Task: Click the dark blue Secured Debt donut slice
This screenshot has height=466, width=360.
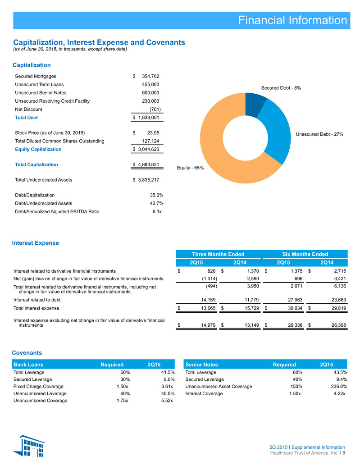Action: [x=255, y=104]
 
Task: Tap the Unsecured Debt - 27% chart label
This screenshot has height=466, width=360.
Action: [x=319, y=134]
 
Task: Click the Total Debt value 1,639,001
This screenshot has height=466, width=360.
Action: [x=149, y=117]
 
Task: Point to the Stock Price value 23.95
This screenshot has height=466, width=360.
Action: [x=153, y=133]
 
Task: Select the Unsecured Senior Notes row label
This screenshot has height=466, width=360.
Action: [x=41, y=93]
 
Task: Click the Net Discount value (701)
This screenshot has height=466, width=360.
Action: [x=155, y=109]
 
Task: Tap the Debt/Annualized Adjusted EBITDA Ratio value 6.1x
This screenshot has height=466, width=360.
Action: [x=157, y=212]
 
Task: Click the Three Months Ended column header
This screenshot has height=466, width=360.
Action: [x=218, y=254]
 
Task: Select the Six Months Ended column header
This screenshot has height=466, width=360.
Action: [x=305, y=254]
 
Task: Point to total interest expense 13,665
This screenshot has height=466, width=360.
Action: [x=208, y=308]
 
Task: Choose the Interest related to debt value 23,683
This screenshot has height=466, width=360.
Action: [x=339, y=300]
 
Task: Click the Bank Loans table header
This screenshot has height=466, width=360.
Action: [x=28, y=365]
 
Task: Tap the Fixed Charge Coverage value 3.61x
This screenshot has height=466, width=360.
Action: [x=167, y=386]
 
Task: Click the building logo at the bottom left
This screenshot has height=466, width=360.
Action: [x=29, y=446]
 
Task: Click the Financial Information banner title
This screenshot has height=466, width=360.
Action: [x=292, y=20]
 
